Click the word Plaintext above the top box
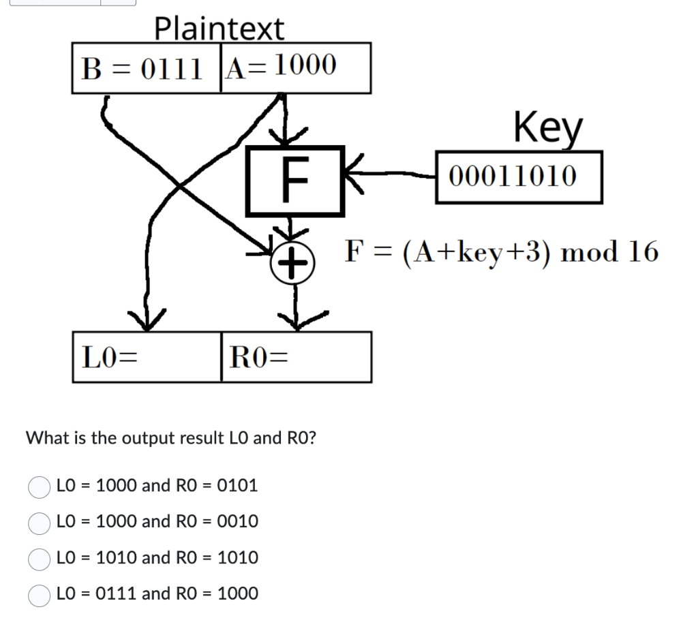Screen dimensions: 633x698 click(x=219, y=29)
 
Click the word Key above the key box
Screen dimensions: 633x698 click(x=549, y=127)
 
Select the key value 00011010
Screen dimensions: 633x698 click(x=519, y=177)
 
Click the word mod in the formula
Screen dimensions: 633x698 click(x=590, y=252)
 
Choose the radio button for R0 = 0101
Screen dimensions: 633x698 click(x=39, y=487)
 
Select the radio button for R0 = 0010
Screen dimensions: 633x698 click(x=39, y=523)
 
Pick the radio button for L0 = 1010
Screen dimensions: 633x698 click(x=39, y=559)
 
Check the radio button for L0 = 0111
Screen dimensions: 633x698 click(x=39, y=595)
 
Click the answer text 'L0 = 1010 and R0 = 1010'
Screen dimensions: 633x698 click(x=157, y=558)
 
